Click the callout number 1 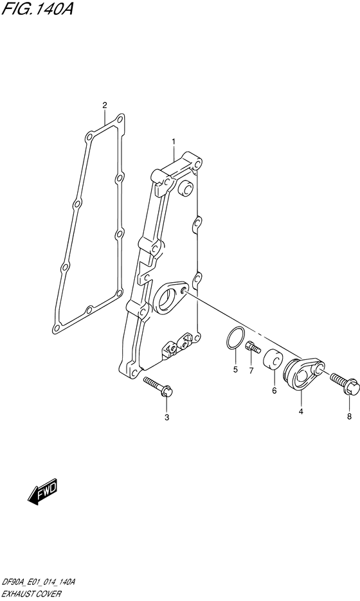(174, 142)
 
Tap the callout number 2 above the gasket (105, 105)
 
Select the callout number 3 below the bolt (166, 417)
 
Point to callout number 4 (301, 411)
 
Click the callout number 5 (235, 370)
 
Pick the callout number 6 (274, 391)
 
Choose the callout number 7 (251, 370)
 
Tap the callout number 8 (349, 417)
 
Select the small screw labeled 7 (252, 347)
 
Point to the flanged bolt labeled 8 (345, 384)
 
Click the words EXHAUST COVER (31, 594)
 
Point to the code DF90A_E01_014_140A (38, 582)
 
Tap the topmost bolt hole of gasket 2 (120, 118)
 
